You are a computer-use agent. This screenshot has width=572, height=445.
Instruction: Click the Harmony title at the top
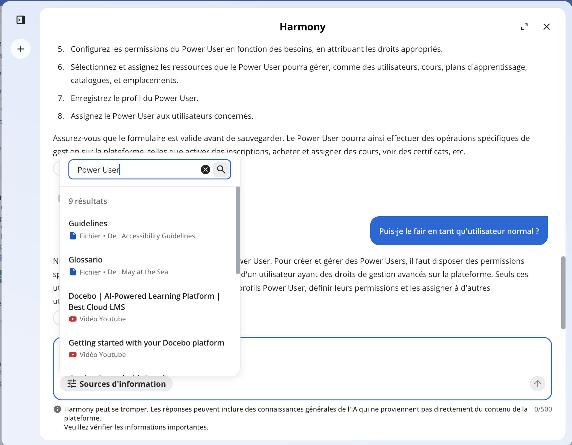(x=302, y=27)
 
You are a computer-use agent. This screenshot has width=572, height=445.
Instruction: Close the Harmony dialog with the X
(x=546, y=27)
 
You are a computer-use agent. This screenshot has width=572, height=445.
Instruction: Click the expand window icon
(x=524, y=27)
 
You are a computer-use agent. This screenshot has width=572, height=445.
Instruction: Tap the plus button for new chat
(x=21, y=49)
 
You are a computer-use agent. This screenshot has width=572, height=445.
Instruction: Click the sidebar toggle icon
(x=21, y=20)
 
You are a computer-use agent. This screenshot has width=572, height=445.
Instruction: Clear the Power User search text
(x=205, y=170)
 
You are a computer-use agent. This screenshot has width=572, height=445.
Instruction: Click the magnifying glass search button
(x=221, y=170)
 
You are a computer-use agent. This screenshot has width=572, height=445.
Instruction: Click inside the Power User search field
(x=136, y=170)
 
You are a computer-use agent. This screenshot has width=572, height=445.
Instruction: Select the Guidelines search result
(x=88, y=223)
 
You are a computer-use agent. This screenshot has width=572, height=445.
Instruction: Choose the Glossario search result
(x=85, y=260)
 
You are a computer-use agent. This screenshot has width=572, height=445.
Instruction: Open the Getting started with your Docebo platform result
(x=146, y=343)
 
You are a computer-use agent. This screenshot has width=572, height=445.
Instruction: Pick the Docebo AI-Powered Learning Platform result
(x=144, y=301)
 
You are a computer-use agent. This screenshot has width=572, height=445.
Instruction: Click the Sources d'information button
(x=116, y=384)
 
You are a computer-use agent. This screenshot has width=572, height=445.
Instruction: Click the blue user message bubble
(x=459, y=231)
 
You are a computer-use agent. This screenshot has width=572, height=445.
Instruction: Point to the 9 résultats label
(x=88, y=201)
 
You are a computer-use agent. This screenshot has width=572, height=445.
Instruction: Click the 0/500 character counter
(x=543, y=409)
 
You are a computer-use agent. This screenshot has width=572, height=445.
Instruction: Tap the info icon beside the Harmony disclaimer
(x=57, y=409)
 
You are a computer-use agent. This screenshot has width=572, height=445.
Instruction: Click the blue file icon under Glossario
(x=73, y=272)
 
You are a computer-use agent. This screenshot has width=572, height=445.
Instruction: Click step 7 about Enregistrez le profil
(x=134, y=99)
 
